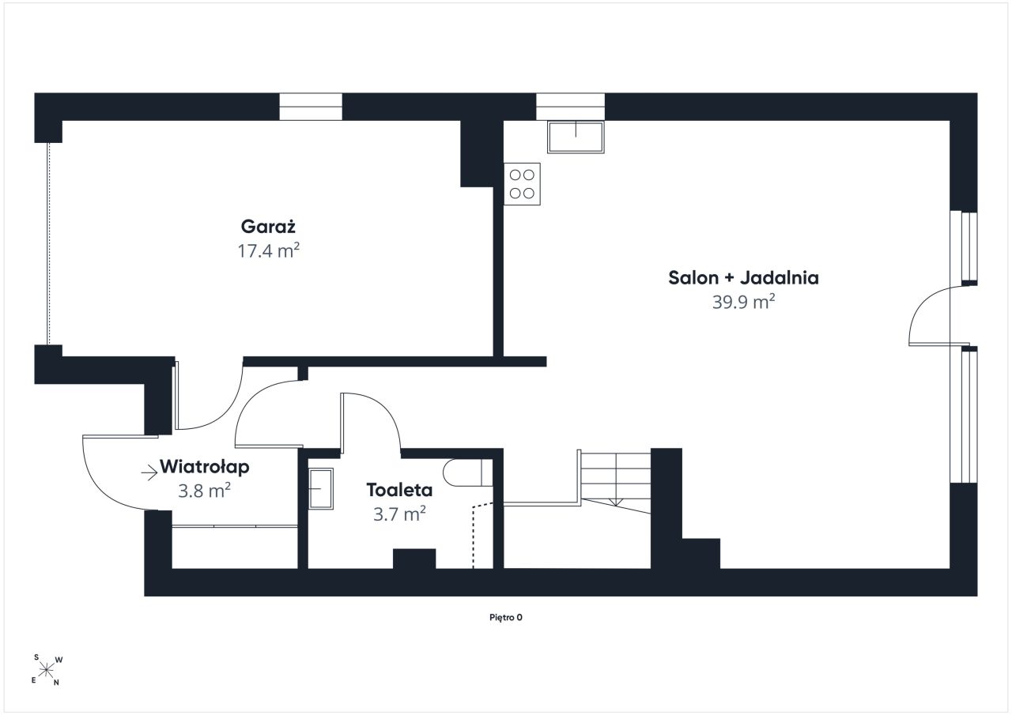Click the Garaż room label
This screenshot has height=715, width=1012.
(268, 226)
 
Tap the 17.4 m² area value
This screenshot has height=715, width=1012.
(269, 250)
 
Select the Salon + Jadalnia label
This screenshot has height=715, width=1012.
(743, 277)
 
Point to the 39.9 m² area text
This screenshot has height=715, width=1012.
(744, 302)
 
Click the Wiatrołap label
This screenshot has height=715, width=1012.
(204, 467)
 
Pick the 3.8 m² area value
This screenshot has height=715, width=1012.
(204, 491)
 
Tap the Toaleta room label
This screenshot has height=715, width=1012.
(399, 490)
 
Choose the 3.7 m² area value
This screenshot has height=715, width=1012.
(399, 514)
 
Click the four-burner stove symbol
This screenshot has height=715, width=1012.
(523, 184)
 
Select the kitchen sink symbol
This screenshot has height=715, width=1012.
(576, 137)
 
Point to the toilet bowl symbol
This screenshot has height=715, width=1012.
(467, 472)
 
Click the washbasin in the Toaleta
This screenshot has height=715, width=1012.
(321, 489)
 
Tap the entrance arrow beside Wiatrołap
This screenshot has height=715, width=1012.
(149, 473)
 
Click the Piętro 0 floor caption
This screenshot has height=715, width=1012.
(506, 618)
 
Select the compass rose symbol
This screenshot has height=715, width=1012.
(45, 670)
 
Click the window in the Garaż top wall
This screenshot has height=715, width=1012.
(311, 107)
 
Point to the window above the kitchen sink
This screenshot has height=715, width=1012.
(571, 107)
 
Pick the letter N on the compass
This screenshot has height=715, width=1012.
(56, 683)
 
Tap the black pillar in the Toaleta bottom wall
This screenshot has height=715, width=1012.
(414, 559)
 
